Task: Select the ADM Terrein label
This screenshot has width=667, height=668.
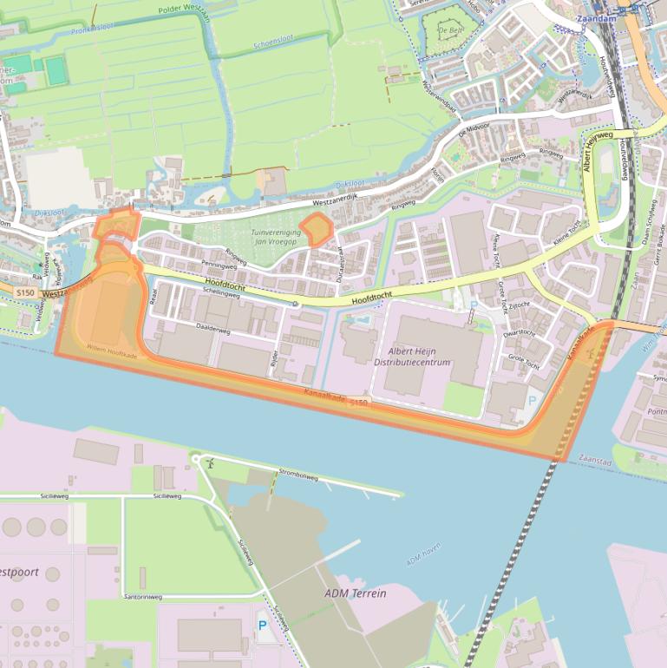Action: click(355, 593)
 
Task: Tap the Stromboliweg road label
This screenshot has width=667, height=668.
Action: click(298, 475)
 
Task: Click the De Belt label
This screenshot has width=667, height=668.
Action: click(449, 29)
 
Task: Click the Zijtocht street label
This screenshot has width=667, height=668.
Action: click(519, 305)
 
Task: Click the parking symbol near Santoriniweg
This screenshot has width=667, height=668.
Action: click(262, 625)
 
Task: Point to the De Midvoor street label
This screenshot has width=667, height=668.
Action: click(474, 130)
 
